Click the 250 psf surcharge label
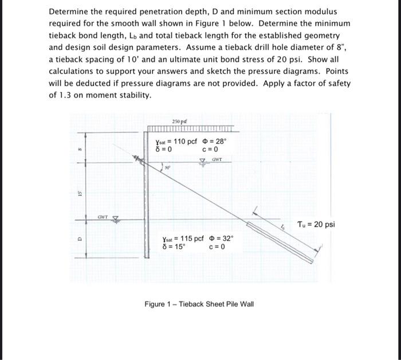point(179,122)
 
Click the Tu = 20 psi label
point(316,224)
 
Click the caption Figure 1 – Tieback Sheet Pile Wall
point(198,304)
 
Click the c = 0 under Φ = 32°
point(217,247)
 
